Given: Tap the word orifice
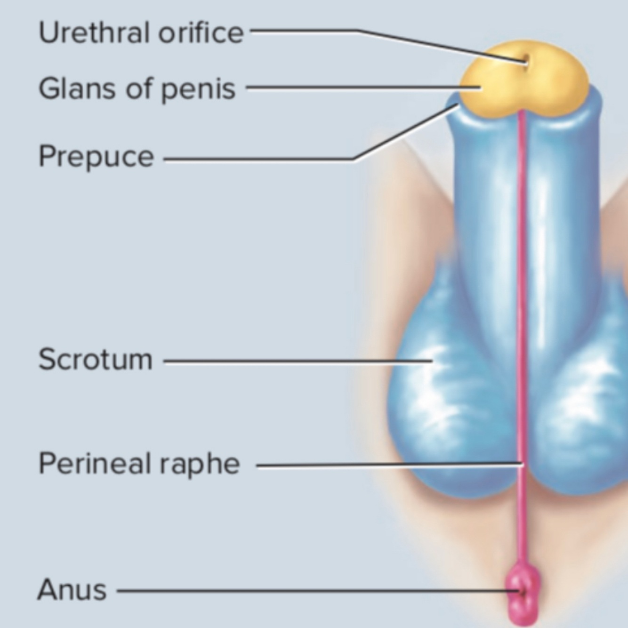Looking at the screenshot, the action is [x=201, y=33].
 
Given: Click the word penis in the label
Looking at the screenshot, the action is [x=198, y=89].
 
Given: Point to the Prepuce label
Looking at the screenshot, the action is [x=96, y=156].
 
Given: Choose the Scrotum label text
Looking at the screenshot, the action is [x=96, y=360].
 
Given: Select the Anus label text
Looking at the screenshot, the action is [x=72, y=590].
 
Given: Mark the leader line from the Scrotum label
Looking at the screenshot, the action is [x=297, y=362].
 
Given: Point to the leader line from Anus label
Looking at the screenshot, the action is [x=311, y=591].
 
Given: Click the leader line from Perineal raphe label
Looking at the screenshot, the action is [x=386, y=465].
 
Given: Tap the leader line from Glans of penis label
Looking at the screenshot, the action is [x=353, y=87].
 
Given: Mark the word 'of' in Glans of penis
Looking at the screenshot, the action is [x=138, y=89].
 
